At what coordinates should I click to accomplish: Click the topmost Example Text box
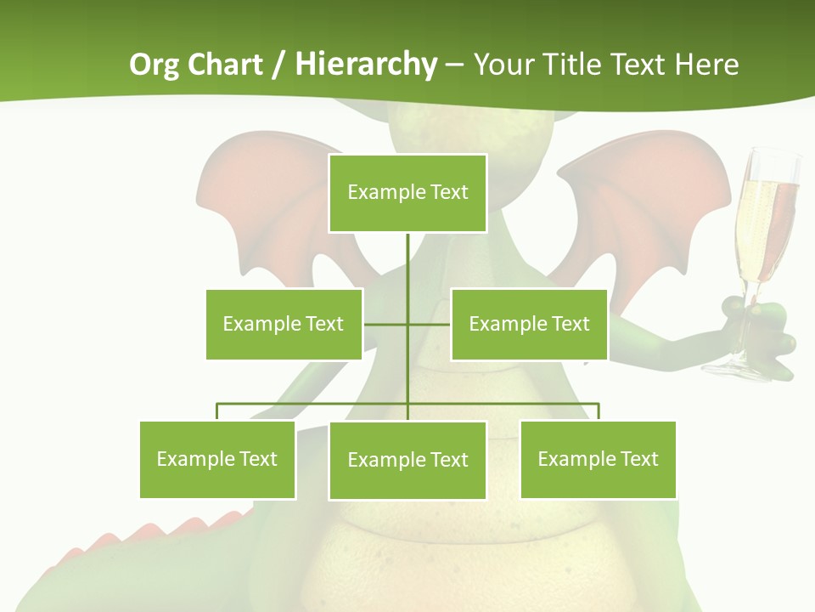coord(407,193)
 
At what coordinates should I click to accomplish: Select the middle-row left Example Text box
coord(284,324)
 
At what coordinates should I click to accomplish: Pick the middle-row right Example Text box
coord(529,324)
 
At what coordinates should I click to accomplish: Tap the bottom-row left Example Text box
coord(217,459)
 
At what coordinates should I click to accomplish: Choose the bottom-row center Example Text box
coord(407,460)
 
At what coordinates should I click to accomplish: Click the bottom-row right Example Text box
coord(598,459)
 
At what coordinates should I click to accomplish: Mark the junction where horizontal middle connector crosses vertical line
coord(407,324)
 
